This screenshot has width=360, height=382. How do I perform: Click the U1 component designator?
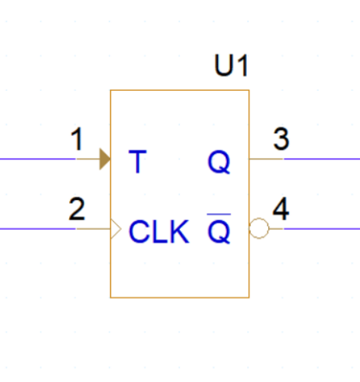point(231,67)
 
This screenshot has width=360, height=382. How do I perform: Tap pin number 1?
point(77,139)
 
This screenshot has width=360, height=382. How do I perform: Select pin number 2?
point(77,209)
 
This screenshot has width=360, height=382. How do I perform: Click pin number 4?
point(280,209)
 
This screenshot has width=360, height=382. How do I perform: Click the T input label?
point(136,161)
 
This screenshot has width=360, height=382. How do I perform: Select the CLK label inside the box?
point(158,231)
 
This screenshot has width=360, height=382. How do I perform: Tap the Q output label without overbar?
point(219,162)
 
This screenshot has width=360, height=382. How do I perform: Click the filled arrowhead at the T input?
point(105,159)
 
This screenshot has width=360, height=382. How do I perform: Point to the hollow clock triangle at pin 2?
point(114,230)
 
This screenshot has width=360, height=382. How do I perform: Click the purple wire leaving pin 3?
point(320,159)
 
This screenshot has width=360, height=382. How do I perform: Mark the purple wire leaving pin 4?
point(320,230)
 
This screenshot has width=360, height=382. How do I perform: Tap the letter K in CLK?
point(179,231)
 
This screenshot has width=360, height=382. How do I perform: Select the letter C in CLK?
point(138,231)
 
